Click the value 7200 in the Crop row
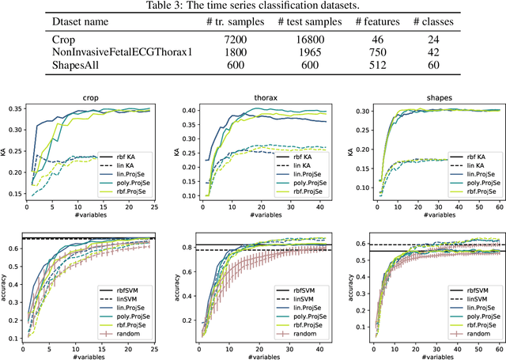209,37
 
